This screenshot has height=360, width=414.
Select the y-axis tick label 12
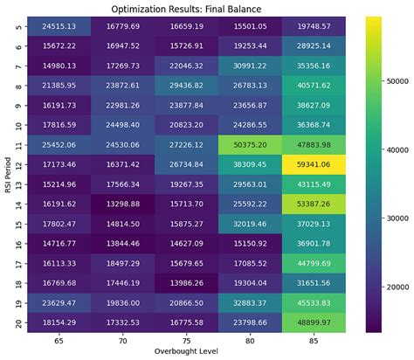coord(19,163)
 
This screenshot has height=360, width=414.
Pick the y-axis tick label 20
coord(19,319)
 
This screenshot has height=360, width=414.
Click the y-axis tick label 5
coord(19,26)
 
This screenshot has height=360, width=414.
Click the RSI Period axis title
coord(7,173)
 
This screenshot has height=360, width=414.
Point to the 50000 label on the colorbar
coord(395,78)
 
